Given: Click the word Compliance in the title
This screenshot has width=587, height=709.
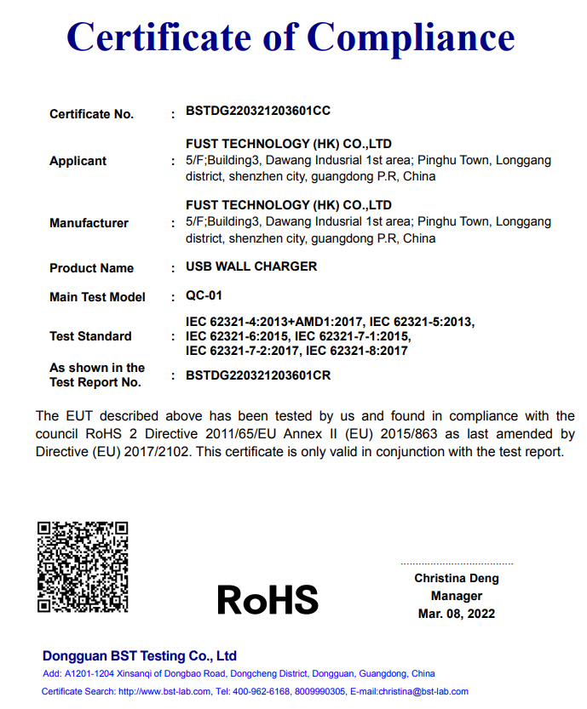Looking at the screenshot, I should tap(411, 37).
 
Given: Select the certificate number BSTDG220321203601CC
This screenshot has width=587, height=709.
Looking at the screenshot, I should tap(258, 111).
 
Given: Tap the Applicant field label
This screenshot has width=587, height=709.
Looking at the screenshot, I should tap(78, 161).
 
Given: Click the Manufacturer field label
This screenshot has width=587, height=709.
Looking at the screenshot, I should tap(89, 223).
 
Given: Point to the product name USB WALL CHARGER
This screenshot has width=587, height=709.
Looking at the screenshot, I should tap(251, 266).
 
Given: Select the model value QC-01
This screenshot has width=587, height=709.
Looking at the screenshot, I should tap(204, 296).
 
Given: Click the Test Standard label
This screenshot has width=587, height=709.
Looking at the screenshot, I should tap(90, 336).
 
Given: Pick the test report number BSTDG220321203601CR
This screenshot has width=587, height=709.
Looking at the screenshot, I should tap(258, 375).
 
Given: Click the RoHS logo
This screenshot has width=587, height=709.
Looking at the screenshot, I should tap(268, 600).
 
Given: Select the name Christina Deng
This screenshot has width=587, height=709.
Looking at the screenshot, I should tap(457, 578).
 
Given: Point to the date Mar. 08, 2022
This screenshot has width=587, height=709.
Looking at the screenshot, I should tap(457, 614).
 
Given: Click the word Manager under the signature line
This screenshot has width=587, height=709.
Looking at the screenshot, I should tap(457, 596).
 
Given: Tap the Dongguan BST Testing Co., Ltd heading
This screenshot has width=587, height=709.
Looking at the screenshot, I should tap(140, 656).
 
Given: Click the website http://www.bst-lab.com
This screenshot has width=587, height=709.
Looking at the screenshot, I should tap(162, 691).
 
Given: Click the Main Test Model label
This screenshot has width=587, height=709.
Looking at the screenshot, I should tap(97, 297).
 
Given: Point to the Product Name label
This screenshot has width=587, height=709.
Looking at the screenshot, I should tap(91, 268).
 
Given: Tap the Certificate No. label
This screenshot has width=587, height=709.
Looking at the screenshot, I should tap(91, 114).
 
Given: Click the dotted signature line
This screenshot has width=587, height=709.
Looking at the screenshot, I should tap(457, 563).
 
